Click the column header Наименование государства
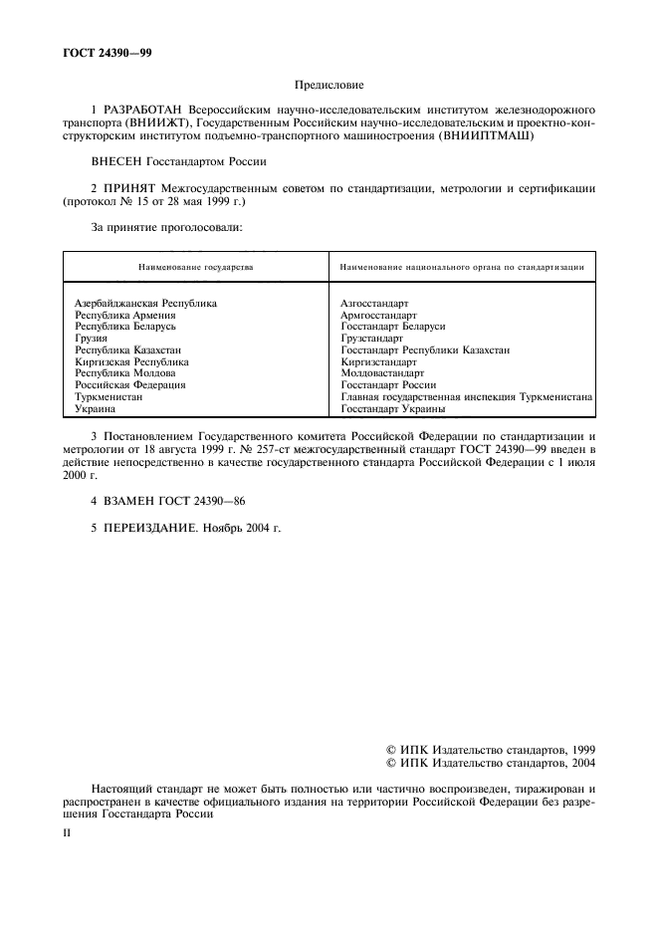(x=195, y=267)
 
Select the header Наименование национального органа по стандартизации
(x=461, y=267)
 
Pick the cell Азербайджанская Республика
(x=145, y=303)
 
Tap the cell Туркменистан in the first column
(x=109, y=396)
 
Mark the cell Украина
(x=96, y=408)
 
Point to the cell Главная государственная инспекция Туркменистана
(x=466, y=396)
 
